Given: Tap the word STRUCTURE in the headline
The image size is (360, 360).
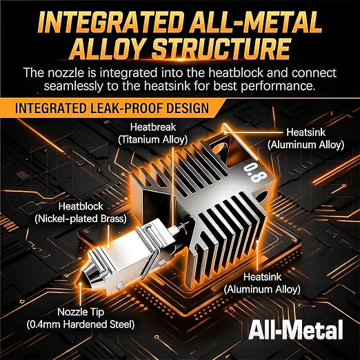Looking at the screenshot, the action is pyautogui.click(x=221, y=49).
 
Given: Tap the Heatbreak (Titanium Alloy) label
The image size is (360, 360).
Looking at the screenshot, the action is pyautogui.click(x=153, y=133).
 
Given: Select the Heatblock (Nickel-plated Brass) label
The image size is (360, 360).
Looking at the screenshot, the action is pyautogui.click(x=81, y=212).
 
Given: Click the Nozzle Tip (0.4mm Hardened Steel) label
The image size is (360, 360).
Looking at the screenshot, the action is pyautogui.click(x=81, y=318).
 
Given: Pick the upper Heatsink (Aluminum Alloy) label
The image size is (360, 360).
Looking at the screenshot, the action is pyautogui.click(x=306, y=139).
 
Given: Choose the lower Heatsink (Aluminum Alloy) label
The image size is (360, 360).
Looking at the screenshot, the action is pyautogui.click(x=262, y=283).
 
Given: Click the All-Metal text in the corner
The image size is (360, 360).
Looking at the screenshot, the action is pyautogui.click(x=296, y=330).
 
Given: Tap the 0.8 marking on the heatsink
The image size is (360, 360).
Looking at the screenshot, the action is pyautogui.click(x=255, y=172).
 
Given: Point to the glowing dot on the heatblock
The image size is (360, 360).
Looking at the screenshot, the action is pyautogui.click(x=108, y=246).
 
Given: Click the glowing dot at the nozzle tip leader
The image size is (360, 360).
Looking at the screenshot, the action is pyautogui.click(x=80, y=284).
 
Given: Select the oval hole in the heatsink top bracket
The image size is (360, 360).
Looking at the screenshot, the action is pyautogui.click(x=220, y=148).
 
